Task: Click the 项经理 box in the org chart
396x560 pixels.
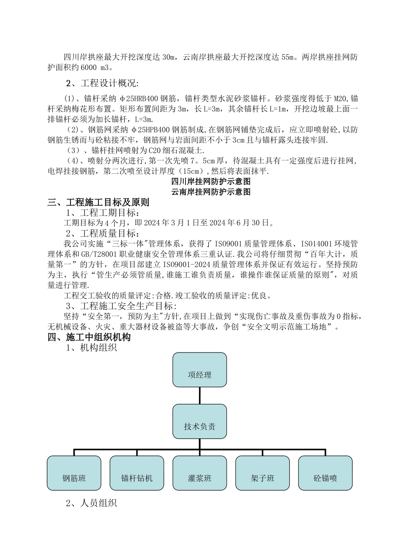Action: coord(200,370)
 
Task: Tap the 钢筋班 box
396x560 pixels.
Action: coord(74,473)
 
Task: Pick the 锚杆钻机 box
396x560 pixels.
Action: coord(137,473)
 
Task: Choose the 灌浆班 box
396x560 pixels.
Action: coord(200,473)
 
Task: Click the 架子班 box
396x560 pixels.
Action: coord(263,473)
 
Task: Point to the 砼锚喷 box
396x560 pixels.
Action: coord(325,473)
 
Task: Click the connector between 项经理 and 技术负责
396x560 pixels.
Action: coord(200,395)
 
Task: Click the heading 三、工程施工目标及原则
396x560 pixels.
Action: coord(98,202)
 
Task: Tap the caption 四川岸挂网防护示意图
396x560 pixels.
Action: coord(211,182)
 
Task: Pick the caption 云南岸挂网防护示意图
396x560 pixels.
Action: coord(211,192)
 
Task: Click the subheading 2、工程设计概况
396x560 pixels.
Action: coord(102,83)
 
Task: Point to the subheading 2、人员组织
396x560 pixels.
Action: coord(91,503)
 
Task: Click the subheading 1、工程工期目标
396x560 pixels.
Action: coord(101,213)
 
